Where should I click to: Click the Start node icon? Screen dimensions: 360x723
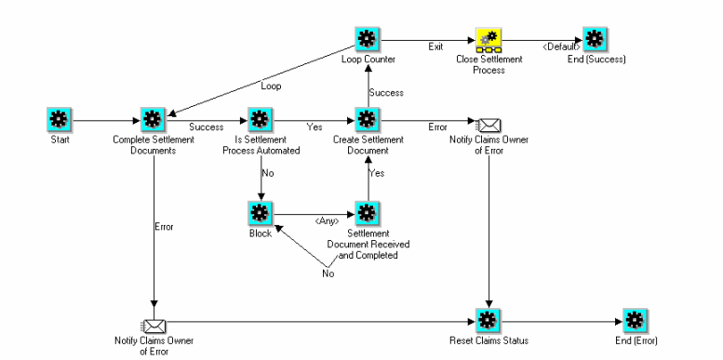click(58, 120)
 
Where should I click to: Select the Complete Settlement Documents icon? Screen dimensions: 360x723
click(153, 120)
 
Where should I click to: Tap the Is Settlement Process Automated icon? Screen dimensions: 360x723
click(261, 120)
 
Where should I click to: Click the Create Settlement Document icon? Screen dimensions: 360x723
click(367, 120)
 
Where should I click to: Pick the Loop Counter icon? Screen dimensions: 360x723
click(367, 39)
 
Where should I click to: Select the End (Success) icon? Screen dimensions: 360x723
click(596, 39)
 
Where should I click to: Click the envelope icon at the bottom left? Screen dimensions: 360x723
click(153, 325)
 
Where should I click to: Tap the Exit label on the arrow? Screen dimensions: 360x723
click(435, 45)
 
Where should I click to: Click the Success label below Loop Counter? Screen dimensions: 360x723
click(385, 92)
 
